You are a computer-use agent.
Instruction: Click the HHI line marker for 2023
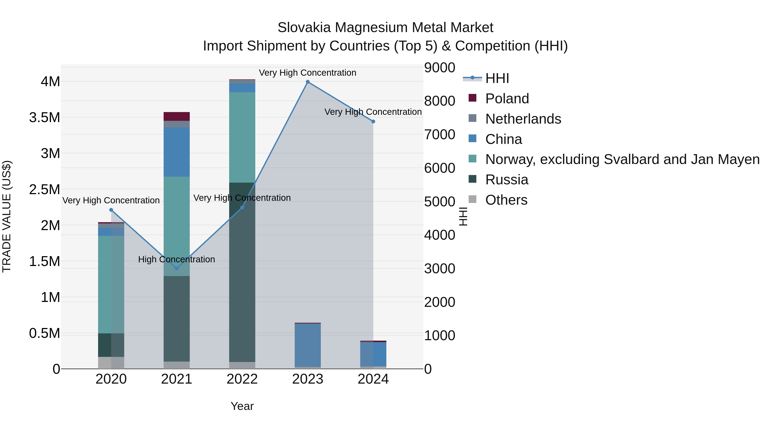point(308,82)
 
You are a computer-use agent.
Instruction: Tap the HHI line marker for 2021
point(177,268)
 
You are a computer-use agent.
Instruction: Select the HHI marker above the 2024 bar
point(373,122)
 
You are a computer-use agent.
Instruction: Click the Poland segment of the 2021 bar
point(177,117)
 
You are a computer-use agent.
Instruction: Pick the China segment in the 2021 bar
point(177,152)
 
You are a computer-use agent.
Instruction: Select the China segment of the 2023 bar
point(308,345)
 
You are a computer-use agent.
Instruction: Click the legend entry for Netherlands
point(523,119)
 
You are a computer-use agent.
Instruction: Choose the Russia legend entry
point(507,180)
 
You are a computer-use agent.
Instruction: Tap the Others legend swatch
point(472,199)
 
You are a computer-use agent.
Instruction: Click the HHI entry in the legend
point(497,78)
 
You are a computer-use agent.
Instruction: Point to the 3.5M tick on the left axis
point(45,117)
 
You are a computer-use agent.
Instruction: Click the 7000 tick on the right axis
point(439,134)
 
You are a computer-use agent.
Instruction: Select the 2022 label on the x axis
point(242,379)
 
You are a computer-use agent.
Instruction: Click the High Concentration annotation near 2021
point(177,259)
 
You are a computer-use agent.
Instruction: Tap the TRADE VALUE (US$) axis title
point(7,216)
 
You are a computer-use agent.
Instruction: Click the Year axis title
point(242,406)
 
